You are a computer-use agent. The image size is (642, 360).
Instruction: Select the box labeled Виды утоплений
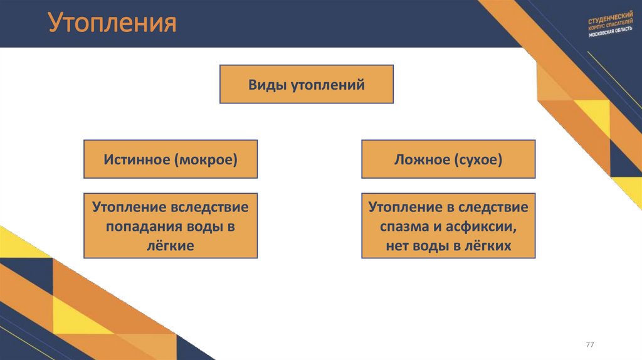point(306,84)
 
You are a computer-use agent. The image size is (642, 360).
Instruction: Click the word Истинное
point(137,159)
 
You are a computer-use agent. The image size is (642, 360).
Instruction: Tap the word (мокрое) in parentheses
point(206,159)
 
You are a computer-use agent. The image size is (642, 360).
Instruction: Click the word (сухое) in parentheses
point(478,159)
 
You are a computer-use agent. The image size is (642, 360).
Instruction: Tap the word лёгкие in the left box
point(171,246)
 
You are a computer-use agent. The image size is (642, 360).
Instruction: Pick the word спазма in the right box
point(402,226)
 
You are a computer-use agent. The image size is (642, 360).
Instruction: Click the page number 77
point(589,346)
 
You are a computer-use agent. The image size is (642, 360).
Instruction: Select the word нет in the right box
point(396,246)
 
